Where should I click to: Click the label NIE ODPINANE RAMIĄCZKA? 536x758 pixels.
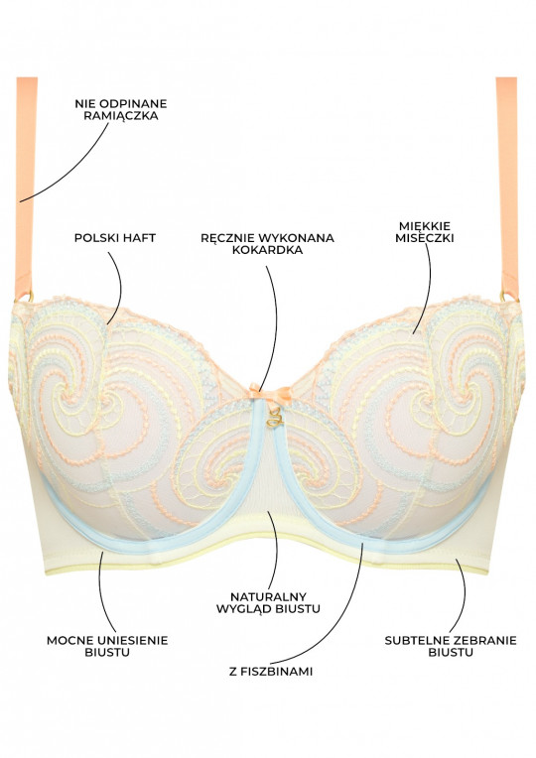(x=120, y=109)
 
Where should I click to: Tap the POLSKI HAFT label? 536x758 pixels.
(x=115, y=238)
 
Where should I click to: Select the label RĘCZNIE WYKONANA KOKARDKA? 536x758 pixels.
(x=267, y=244)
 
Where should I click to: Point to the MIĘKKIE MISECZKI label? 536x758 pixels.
(x=424, y=231)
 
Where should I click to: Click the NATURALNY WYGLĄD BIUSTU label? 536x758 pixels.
(x=268, y=602)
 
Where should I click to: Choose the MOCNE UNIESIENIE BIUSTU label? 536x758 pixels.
(x=107, y=646)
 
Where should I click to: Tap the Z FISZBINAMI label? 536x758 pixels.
(x=271, y=671)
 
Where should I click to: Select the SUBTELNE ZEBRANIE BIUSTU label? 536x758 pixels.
(x=451, y=646)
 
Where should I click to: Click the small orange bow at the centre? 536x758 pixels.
(x=270, y=393)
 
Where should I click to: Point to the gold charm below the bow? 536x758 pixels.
(x=274, y=418)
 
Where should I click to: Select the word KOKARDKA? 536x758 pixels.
(x=267, y=250)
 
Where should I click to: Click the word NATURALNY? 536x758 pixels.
(x=268, y=596)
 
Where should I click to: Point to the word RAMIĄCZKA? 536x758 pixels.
(x=120, y=115)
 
